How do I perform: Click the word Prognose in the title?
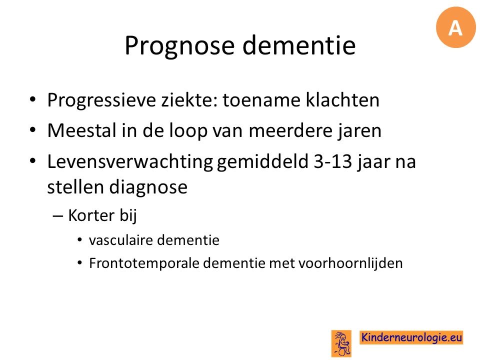pyautogui.click(x=179, y=46)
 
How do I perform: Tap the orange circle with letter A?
pyautogui.click(x=456, y=27)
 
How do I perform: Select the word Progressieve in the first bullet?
pyautogui.click(x=101, y=100)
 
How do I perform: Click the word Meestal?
pyautogui.click(x=82, y=130)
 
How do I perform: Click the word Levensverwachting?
pyautogui.click(x=130, y=162)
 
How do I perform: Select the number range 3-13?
pyautogui.click(x=333, y=161)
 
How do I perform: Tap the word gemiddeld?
pyautogui.click(x=262, y=162)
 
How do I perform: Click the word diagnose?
pyautogui.click(x=148, y=187)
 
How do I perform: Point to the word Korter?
pyautogui.click(x=91, y=215)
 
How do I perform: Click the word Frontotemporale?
pyautogui.click(x=144, y=263)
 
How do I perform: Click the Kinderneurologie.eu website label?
pyautogui.click(x=411, y=337)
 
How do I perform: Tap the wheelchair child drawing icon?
pyautogui.click(x=341, y=343)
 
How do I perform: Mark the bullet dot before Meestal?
pyautogui.click(x=33, y=130)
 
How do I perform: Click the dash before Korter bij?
pyautogui.click(x=58, y=216)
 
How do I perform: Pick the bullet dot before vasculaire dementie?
pyautogui.click(x=80, y=239)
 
